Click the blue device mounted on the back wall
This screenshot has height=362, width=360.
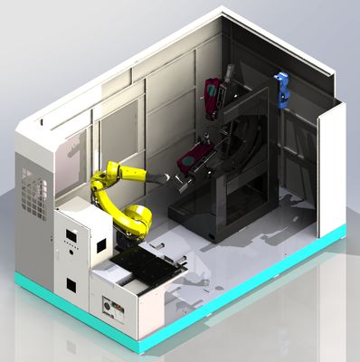pos(282,89)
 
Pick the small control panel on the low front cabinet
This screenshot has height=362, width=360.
pos(113,310)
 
